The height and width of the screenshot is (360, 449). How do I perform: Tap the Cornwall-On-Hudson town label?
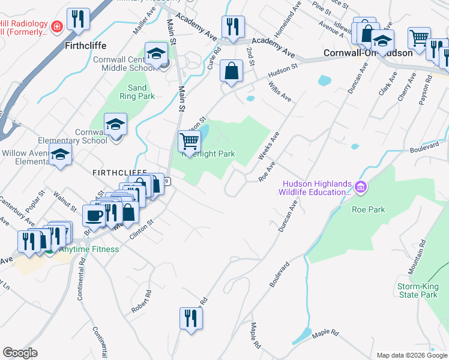point(367,53)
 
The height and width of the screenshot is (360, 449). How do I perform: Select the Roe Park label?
point(369,209)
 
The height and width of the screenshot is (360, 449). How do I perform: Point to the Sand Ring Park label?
point(137,92)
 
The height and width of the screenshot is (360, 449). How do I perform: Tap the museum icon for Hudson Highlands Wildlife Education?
point(360,188)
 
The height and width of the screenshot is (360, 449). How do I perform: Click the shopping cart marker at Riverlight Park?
point(189,142)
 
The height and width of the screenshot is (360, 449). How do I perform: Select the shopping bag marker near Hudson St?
point(231,71)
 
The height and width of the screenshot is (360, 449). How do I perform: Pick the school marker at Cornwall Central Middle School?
point(156,53)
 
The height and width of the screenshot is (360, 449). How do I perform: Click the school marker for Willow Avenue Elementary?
point(60,154)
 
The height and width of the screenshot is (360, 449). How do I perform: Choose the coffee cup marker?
point(94,215)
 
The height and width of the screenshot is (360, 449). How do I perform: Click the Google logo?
point(20,353)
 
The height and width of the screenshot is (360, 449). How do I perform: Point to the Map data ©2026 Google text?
point(411,355)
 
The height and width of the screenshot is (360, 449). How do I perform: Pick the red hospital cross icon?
point(56,27)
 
